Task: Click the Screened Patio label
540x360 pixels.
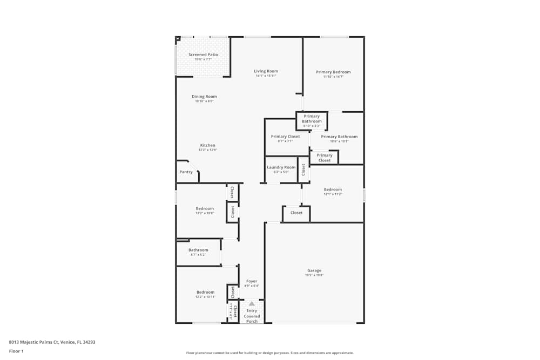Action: coord(203,55)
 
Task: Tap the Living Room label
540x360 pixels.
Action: coord(266,71)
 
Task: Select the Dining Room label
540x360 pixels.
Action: coord(204,97)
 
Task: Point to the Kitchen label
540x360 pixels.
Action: coord(208,145)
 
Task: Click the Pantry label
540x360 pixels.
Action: coord(186,172)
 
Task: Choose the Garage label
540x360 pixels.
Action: coord(314,270)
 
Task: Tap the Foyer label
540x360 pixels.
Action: coord(252,281)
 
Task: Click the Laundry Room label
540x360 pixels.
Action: coord(281,167)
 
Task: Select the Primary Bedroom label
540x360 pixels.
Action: coord(333,72)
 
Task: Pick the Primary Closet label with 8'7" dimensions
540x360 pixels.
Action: coord(285,137)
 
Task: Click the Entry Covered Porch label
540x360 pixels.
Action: coord(252,316)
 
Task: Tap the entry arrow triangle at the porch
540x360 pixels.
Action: coord(252,304)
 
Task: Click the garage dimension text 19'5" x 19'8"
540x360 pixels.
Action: coord(314,275)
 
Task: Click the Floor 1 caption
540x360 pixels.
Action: coord(16,351)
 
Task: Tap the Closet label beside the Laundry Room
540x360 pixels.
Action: coord(303,169)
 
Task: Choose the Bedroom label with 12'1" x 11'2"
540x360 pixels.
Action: coord(333,189)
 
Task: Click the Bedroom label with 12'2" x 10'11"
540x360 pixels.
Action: coord(205,292)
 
